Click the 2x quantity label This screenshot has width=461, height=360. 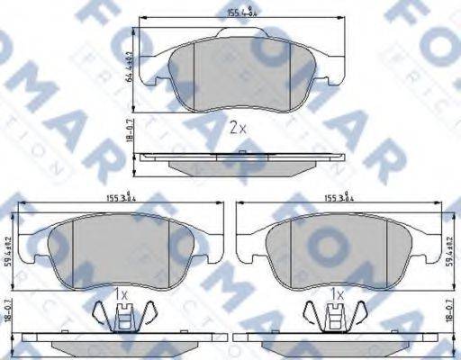point(236,128)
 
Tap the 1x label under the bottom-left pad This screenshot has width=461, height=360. point(122,293)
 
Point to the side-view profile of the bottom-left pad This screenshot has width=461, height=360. point(117,346)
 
